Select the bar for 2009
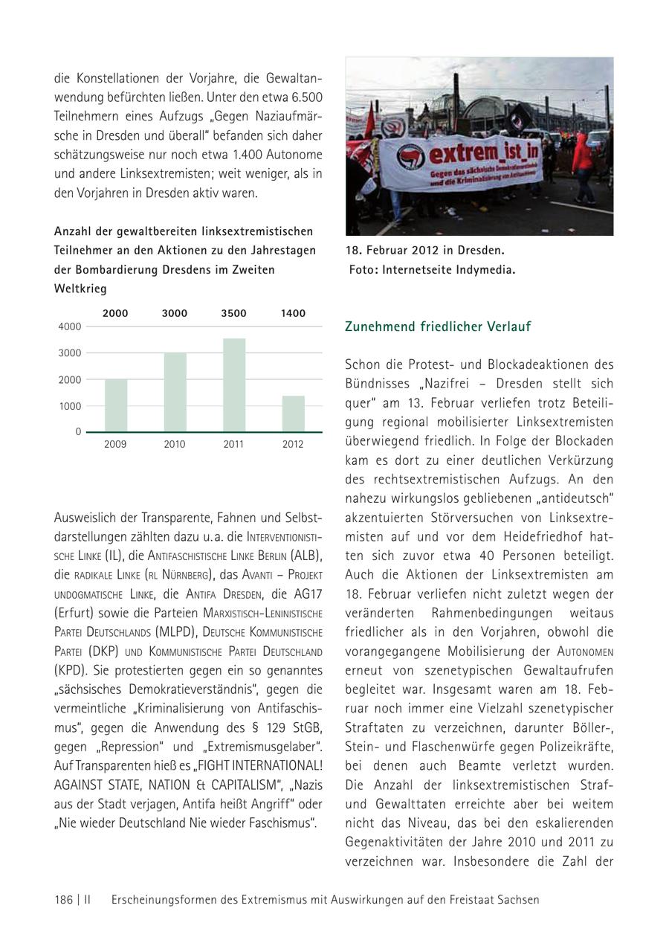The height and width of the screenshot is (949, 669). coord(115,405)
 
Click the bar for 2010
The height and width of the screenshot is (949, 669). coord(175,392)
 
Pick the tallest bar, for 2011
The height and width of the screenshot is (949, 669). coord(233,385)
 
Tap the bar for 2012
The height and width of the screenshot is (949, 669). coord(293,414)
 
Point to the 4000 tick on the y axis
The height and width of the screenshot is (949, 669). coord(69,326)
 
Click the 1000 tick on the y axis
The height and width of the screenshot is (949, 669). coord(69,406)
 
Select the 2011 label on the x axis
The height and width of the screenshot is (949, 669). coord(233,445)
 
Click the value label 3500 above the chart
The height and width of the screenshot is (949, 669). coord(233,313)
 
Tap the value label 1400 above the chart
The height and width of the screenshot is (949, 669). coord(293,313)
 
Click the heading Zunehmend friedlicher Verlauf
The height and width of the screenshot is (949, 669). coord(438,326)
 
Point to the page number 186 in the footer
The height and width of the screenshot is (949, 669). coord(63,899)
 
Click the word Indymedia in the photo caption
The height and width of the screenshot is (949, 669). coord(487,270)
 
